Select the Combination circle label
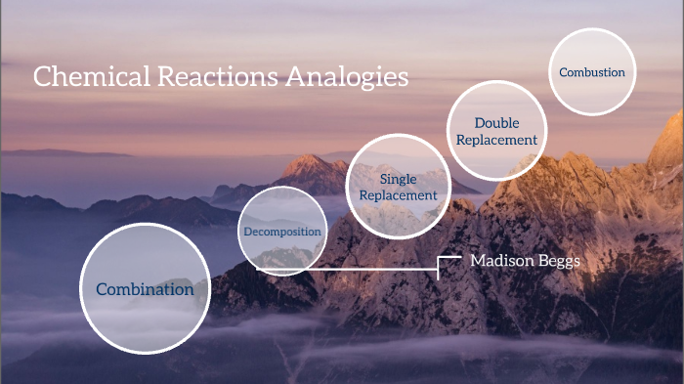pos(145,289)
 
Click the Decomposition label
pos(281,232)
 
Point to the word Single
pos(398,179)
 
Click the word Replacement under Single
pos(398,194)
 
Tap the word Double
pos(496,123)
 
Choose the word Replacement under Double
pos(496,140)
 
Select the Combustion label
pos(591,72)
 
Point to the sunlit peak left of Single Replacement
pos(310,166)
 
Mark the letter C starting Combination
pos(102,289)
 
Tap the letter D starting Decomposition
pos(246,232)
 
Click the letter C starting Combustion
pos(562,72)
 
